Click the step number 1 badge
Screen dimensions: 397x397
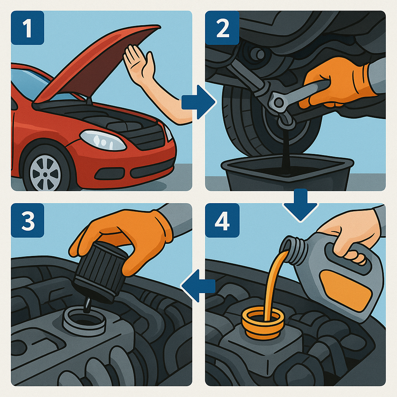point(28,28)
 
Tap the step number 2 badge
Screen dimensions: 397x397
point(222,28)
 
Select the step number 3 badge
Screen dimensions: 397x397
point(28,220)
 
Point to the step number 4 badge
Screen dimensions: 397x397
point(222,220)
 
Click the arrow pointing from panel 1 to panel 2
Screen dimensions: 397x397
point(199,102)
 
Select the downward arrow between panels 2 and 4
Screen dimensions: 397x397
point(300,205)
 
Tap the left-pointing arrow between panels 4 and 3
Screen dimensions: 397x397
point(198,286)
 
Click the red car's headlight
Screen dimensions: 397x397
point(102,140)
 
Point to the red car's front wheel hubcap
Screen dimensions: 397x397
point(45,173)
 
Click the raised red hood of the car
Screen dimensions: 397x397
point(96,63)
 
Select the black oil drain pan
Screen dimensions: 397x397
point(287,173)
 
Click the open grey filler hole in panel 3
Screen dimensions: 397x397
point(84,321)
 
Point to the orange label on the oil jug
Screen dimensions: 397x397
point(345,290)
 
